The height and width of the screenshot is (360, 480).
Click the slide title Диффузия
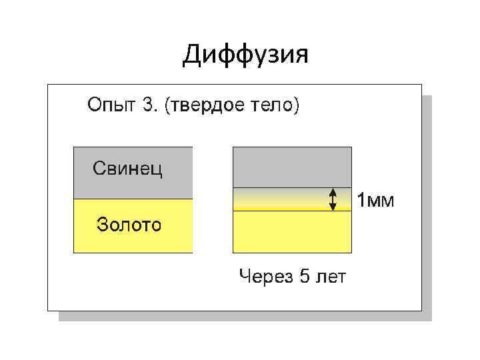(245, 55)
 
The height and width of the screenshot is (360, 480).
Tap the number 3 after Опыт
(147, 105)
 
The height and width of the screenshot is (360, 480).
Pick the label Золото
(129, 224)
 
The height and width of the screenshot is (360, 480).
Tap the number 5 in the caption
(304, 277)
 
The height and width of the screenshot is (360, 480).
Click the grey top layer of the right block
(291, 167)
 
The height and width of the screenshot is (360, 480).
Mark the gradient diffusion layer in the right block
(291, 199)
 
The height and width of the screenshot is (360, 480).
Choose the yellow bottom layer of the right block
(291, 232)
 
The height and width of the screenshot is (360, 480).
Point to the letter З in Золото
(103, 224)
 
